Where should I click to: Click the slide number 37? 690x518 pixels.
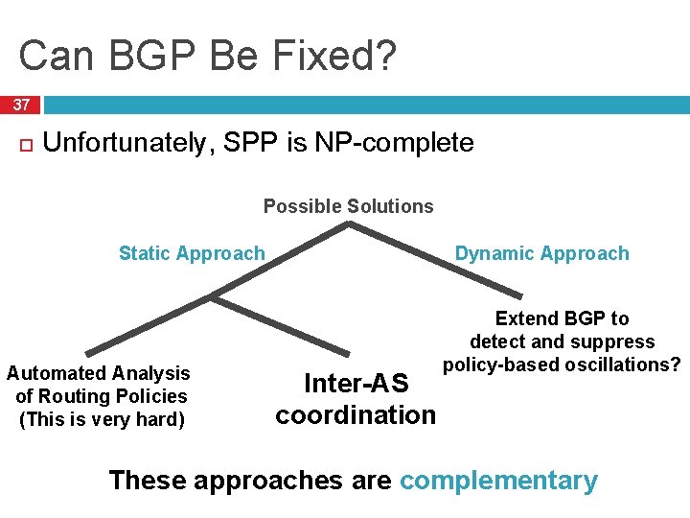pos(20,105)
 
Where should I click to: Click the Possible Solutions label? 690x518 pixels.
pos(348,206)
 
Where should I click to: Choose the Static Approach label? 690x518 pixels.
pos(192,253)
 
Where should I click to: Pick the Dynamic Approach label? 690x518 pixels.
pos(541,253)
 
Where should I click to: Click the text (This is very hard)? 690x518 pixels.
pos(102,419)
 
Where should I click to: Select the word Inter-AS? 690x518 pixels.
pos(356,384)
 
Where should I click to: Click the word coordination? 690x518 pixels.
pos(356,415)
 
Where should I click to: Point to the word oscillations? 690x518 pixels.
pos(621,365)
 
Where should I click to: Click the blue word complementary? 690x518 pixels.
pos(498,480)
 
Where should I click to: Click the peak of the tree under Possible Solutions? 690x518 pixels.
pos(348,224)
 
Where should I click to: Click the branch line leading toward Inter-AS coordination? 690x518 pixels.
pos(278,322)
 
